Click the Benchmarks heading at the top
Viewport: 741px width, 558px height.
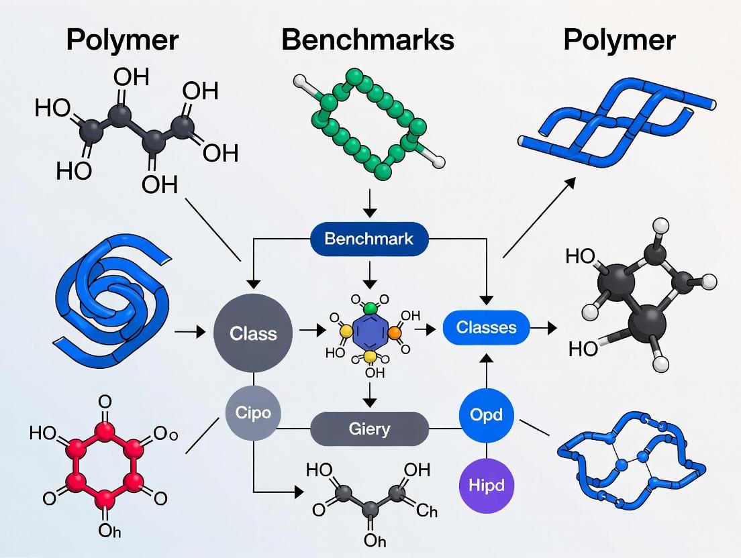(x=368, y=40)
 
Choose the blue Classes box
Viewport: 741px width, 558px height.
(x=486, y=327)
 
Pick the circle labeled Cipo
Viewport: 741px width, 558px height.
(x=253, y=412)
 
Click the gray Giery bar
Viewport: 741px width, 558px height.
(x=369, y=429)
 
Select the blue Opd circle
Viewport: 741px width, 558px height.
(x=486, y=414)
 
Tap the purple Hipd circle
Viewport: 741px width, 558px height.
(x=486, y=484)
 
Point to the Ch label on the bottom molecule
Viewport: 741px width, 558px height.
(x=427, y=512)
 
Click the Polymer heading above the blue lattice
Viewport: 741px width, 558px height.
(x=619, y=40)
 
